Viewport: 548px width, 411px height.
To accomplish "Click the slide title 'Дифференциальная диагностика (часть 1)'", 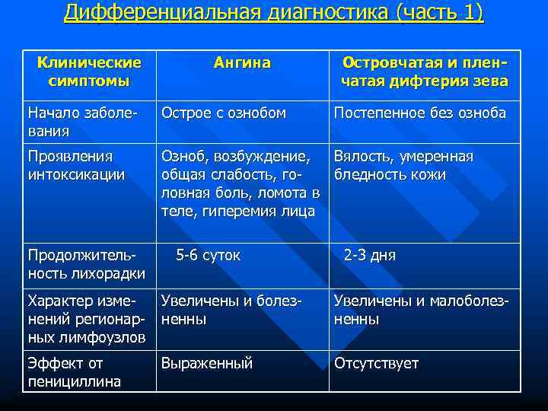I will pyautogui.click(x=274, y=13).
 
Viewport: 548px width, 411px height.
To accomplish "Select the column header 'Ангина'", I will pyautogui.click(x=241, y=62).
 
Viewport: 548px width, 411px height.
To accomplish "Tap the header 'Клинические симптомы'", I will pyautogui.click(x=89, y=71).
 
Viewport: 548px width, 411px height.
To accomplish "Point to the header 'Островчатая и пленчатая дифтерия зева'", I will pyautogui.click(x=425, y=71).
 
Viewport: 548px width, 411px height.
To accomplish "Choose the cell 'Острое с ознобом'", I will pyautogui.click(x=223, y=113).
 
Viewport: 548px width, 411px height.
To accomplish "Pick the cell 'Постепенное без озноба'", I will pyautogui.click(x=419, y=113).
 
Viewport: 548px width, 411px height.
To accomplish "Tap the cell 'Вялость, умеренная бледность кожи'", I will pyautogui.click(x=403, y=166).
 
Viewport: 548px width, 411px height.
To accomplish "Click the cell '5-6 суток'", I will pyautogui.click(x=208, y=256).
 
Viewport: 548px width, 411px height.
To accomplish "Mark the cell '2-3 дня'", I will pyautogui.click(x=370, y=256).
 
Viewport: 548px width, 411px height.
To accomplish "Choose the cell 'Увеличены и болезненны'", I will pyautogui.click(x=231, y=310).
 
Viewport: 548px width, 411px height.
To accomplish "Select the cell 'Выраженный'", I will pyautogui.click(x=206, y=364).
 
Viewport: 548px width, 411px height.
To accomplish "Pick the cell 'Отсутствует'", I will pyautogui.click(x=376, y=364).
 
